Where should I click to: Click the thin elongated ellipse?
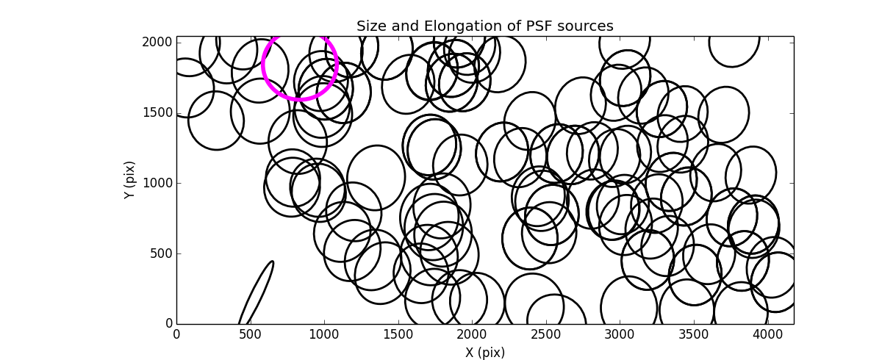(257, 292)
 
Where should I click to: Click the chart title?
(484, 26)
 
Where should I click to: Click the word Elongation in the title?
(458, 26)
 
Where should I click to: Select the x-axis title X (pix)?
(484, 352)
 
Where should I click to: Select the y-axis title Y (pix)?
(129, 180)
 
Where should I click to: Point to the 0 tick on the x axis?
(176, 334)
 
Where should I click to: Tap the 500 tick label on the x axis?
(250, 334)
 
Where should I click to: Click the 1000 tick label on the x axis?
(323, 334)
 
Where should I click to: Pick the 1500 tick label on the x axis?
(398, 334)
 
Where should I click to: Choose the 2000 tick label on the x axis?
(471, 334)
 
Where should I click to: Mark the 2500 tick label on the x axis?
(545, 334)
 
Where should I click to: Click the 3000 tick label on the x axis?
(619, 334)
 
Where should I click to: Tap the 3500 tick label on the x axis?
(693, 334)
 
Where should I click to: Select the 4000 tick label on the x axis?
(767, 334)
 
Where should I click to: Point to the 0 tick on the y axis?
(168, 324)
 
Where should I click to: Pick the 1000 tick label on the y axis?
(158, 183)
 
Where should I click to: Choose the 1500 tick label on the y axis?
(158, 112)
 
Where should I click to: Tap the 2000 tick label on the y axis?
(158, 43)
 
